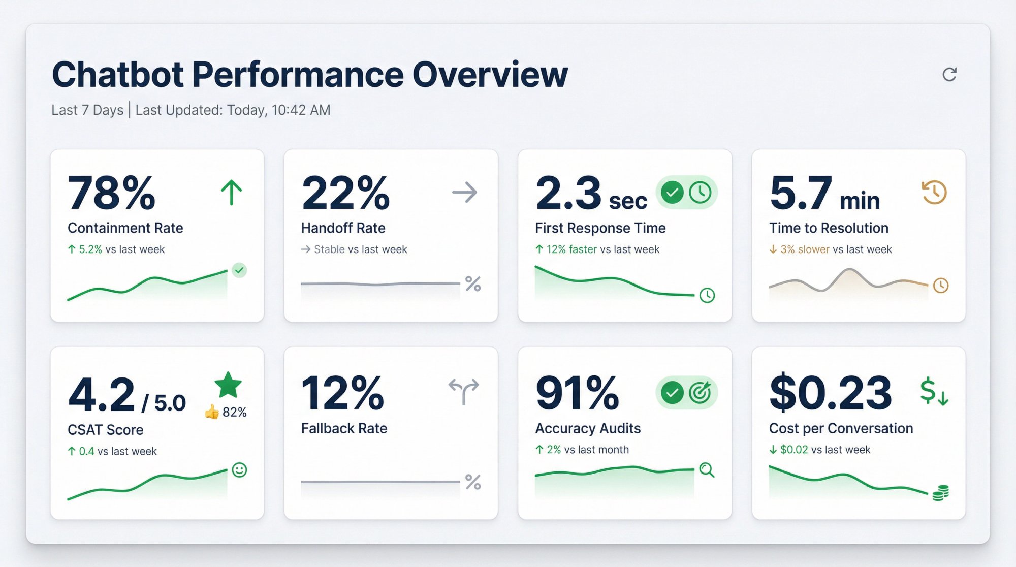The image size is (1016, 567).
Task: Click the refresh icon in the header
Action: coord(949,75)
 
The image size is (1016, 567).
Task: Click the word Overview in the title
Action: coord(490,75)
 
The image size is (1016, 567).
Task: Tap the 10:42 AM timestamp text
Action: coord(301,110)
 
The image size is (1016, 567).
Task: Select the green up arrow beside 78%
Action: coord(231,193)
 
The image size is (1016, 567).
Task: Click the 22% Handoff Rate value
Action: coord(345,193)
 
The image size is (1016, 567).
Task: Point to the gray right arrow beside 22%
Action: coord(464,193)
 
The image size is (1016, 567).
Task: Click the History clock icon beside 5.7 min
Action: coord(934,193)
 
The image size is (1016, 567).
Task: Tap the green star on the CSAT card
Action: coord(228,385)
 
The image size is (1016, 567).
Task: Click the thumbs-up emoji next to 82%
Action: coord(211,412)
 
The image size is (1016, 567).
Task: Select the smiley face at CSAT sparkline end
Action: coord(239,470)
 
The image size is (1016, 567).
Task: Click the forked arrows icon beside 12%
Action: coord(463,390)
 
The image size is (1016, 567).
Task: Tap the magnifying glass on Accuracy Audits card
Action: coord(707,470)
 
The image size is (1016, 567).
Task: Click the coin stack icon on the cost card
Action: coord(941,493)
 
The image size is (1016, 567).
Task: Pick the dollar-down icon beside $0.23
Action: coord(934,392)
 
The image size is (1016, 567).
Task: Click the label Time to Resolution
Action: coord(829,228)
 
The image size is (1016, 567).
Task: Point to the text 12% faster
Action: coord(571,249)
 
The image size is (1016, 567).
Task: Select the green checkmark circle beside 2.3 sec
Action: coord(672,193)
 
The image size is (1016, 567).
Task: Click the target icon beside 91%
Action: coord(700,392)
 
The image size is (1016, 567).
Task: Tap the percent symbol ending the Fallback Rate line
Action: coord(473,482)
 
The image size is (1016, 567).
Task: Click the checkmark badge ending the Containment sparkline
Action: coord(239,270)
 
